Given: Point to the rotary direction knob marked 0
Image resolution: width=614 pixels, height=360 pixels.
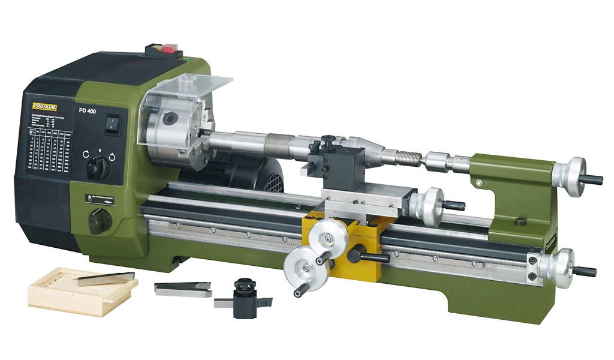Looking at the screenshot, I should tap(98, 169).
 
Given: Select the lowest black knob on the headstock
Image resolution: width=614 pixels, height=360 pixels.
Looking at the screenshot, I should tap(98, 223).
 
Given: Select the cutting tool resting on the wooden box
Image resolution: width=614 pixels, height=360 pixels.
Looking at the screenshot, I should tap(105, 278).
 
